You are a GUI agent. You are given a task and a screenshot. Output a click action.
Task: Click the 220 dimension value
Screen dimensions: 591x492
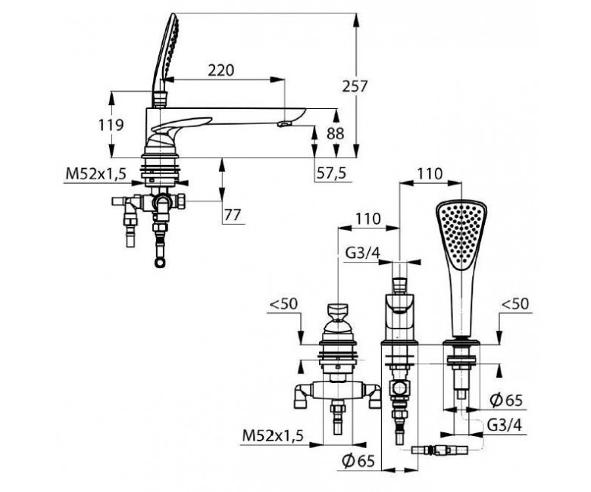(221, 70)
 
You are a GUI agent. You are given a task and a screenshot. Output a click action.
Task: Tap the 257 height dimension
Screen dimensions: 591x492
(355, 86)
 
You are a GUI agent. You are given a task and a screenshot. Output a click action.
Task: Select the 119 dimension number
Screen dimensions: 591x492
(111, 125)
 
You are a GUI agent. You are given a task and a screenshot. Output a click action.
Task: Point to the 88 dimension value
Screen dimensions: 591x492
(336, 134)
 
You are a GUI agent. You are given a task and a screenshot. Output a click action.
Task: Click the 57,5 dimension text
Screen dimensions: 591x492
(331, 173)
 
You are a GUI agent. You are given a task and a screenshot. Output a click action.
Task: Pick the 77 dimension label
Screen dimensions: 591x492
(233, 215)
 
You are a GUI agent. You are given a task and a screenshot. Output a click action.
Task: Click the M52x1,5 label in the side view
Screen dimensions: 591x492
(95, 174)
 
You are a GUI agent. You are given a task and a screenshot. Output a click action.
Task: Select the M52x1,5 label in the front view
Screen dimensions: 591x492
(273, 436)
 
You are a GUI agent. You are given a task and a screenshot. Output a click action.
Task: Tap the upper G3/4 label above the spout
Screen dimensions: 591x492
(363, 253)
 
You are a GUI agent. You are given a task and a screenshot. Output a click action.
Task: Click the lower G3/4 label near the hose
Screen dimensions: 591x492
(505, 425)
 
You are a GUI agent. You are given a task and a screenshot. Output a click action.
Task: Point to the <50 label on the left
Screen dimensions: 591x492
(285, 304)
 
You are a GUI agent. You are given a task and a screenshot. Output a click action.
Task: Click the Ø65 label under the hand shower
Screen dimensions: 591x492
(506, 400)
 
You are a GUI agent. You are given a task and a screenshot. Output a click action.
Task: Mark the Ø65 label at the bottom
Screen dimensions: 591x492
(358, 460)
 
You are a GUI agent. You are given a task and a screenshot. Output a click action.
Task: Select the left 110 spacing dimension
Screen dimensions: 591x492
(368, 218)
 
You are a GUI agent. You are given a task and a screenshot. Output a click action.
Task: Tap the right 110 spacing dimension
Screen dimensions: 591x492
(430, 174)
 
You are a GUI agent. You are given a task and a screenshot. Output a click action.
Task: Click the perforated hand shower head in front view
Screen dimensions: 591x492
(461, 235)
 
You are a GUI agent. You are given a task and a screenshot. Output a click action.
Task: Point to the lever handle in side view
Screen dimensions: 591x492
(181, 126)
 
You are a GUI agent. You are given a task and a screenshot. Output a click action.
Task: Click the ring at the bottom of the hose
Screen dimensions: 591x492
(160, 263)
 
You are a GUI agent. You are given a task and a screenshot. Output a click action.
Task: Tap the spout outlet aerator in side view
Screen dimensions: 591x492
(285, 124)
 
